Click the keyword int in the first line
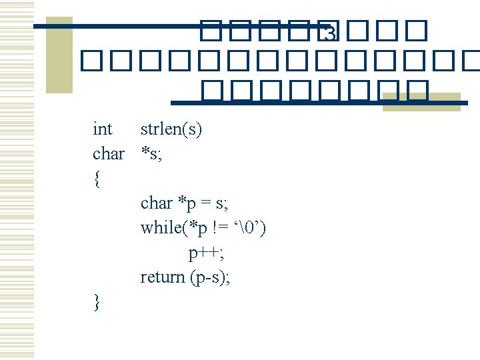(103, 129)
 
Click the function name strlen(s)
(171, 129)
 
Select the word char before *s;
(108, 154)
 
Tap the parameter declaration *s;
(151, 154)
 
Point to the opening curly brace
(97, 179)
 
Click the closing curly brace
(97, 302)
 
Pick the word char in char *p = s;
(156, 203)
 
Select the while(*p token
(174, 228)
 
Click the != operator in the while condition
(221, 228)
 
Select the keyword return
(162, 277)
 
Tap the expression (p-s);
(210, 277)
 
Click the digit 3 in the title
(328, 33)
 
